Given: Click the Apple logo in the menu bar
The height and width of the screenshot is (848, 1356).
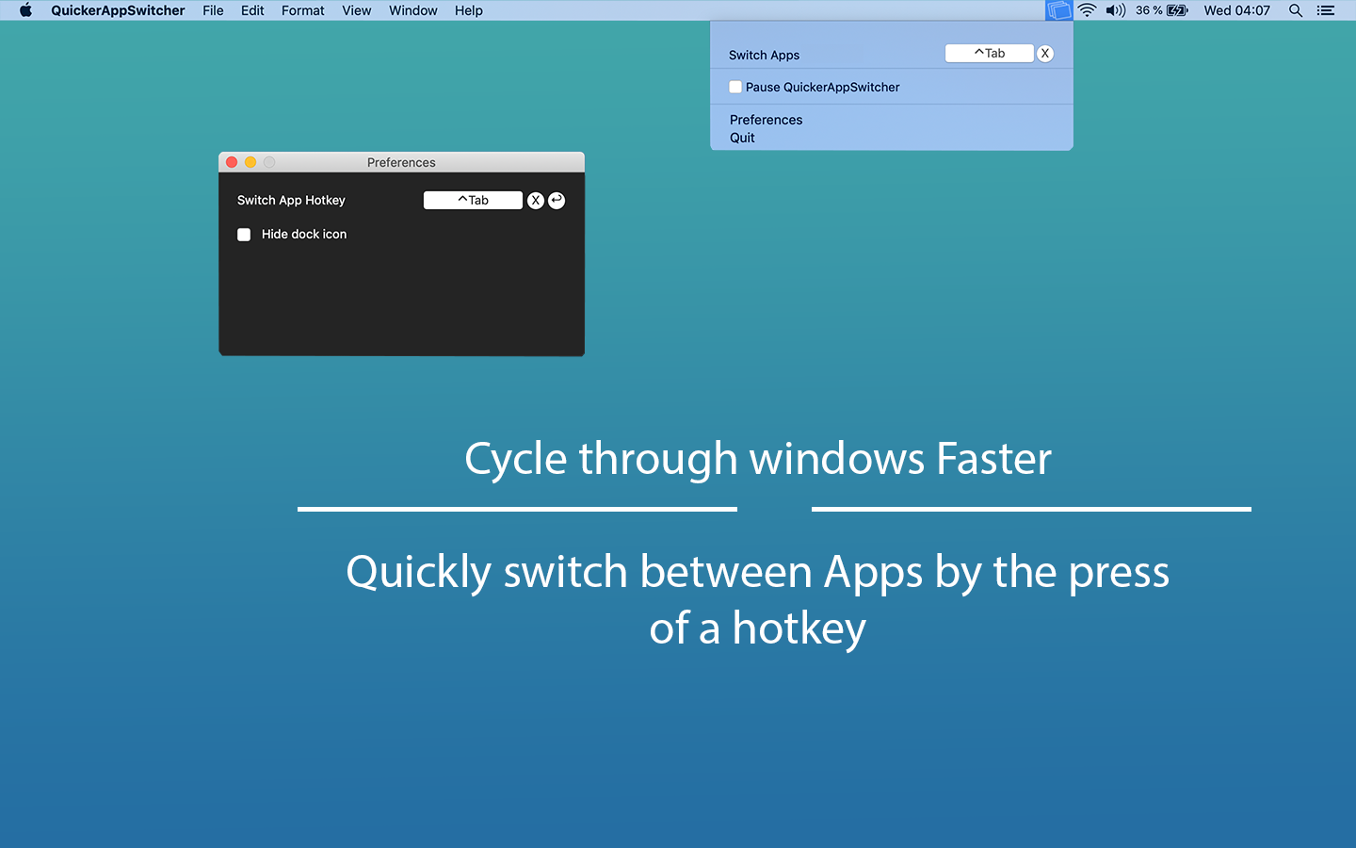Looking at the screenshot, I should tap(25, 10).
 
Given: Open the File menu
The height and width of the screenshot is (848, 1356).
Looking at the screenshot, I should tap(213, 10).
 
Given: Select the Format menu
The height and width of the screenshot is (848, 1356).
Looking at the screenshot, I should tap(302, 10).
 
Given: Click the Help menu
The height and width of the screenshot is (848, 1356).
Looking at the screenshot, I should tap(468, 10).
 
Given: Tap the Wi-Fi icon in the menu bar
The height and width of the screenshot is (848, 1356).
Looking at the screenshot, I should tap(1087, 10).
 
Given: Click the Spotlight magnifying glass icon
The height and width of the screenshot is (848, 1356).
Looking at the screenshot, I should tap(1296, 10).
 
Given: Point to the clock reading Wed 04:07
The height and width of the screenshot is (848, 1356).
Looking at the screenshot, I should tap(1236, 10).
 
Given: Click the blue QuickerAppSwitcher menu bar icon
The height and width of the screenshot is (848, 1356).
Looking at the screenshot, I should tap(1059, 10).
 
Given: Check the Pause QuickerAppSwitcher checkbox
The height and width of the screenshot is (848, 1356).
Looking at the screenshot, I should tap(735, 87).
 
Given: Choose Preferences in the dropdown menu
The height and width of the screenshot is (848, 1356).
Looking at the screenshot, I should tap(766, 120).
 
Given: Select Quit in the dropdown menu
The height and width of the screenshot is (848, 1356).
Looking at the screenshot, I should tap(742, 138).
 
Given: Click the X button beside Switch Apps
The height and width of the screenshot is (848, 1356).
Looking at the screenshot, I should tap(1044, 54).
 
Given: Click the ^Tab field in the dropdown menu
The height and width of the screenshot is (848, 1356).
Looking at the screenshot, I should tap(989, 54).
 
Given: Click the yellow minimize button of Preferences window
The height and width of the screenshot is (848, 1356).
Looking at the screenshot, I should tap(250, 162).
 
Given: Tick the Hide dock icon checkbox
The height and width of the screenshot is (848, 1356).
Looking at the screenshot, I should tap(244, 235).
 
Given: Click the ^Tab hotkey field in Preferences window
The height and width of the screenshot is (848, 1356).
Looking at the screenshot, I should tap(473, 200).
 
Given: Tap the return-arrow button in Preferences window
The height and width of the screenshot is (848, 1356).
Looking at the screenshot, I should tap(557, 200).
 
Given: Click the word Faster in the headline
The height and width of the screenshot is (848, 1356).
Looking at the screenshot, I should tap(993, 459).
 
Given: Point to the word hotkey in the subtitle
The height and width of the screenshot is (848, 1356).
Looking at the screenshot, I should tap(799, 628).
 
